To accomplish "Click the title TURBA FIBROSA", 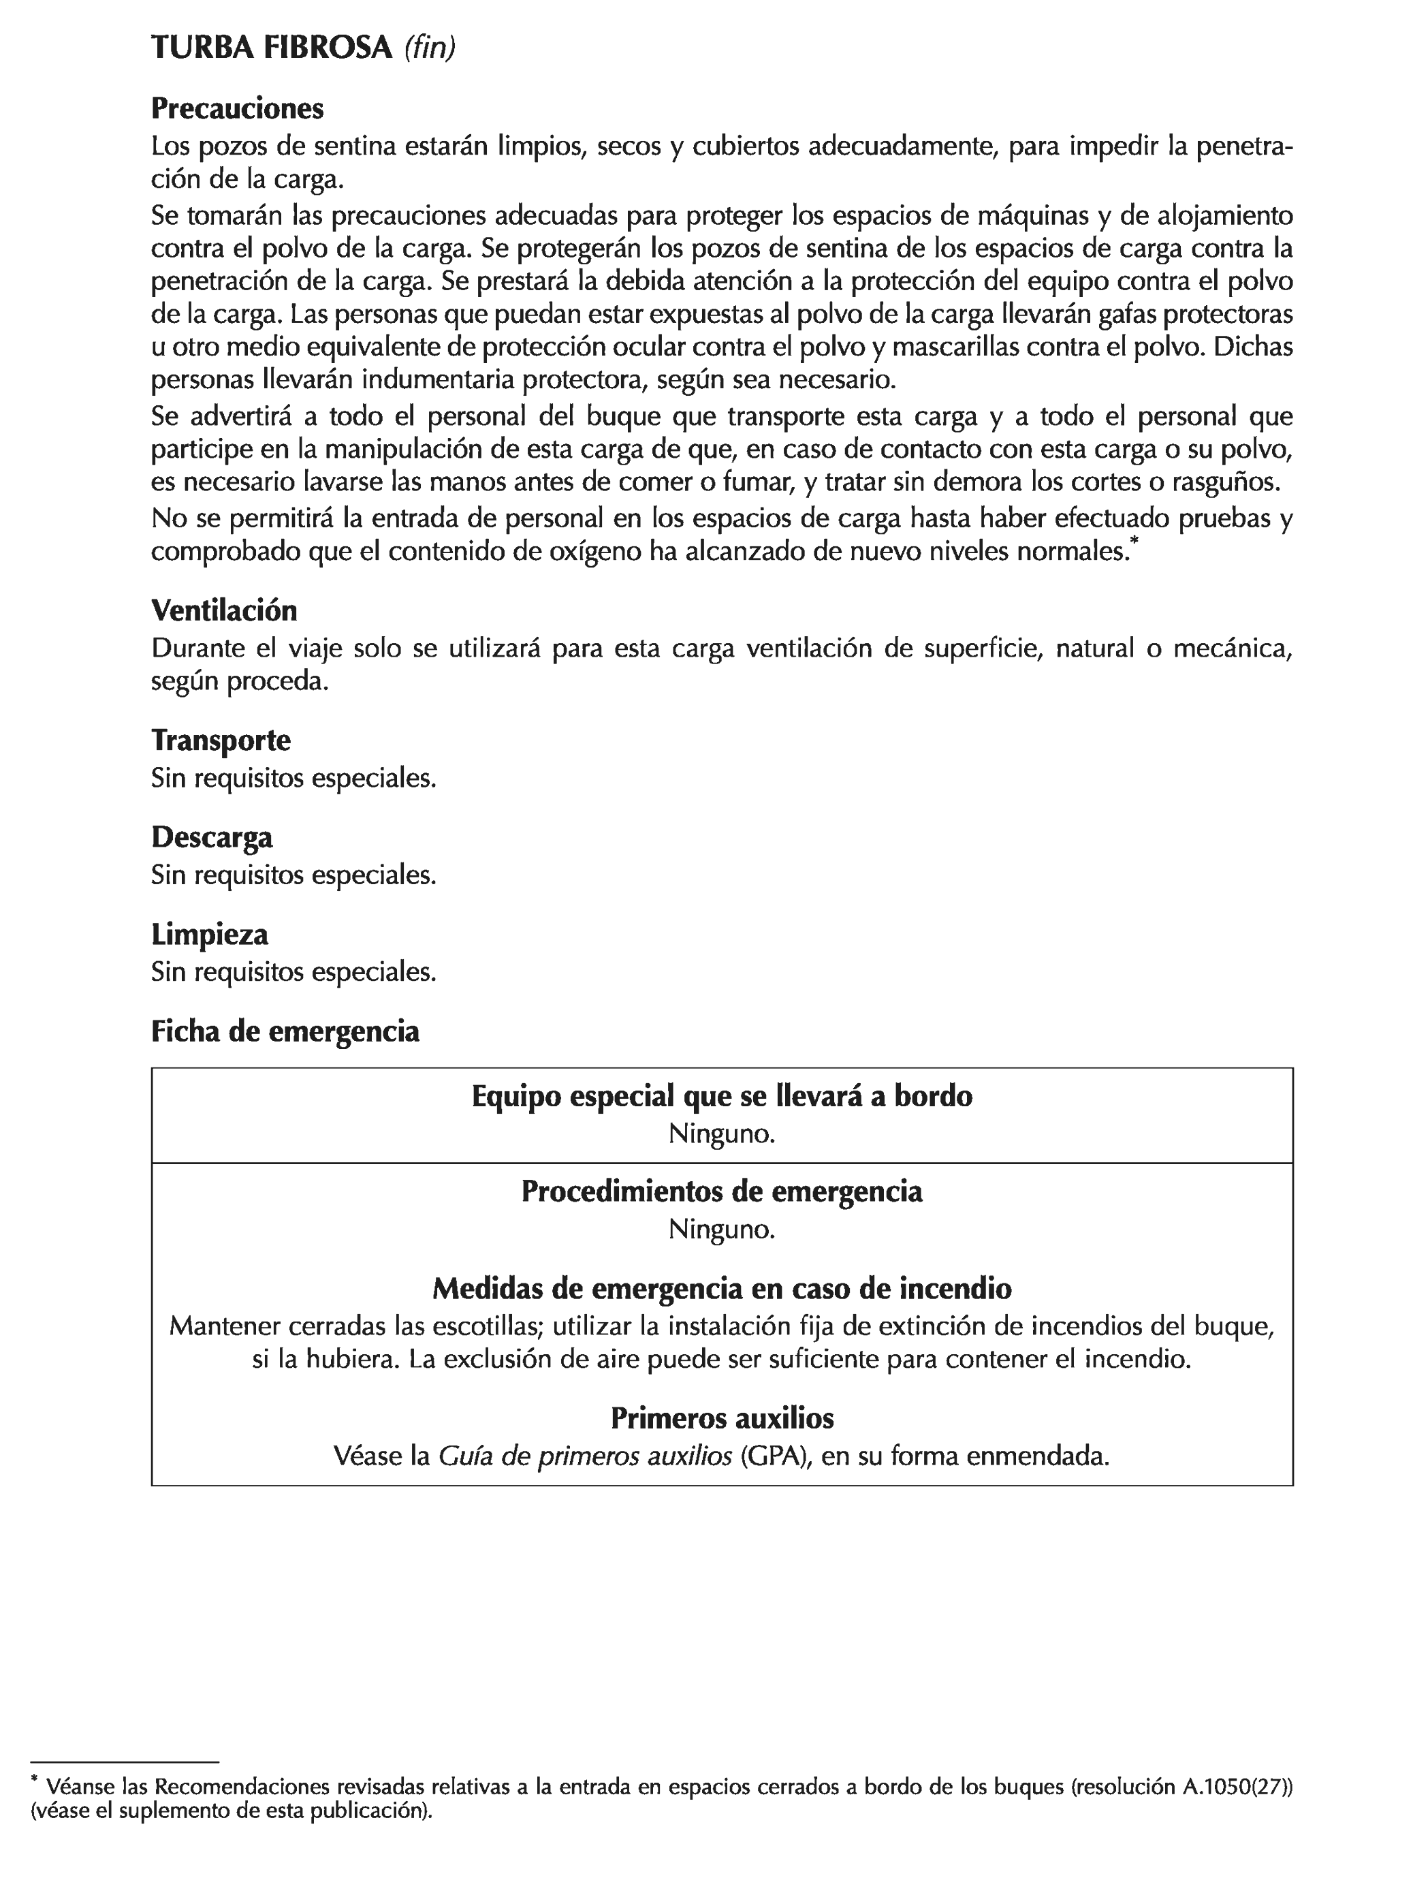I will click(271, 48).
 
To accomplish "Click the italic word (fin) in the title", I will click(429, 48).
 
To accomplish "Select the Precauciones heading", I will click(238, 108).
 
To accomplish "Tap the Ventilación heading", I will click(224, 610).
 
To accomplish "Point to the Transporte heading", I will click(221, 740).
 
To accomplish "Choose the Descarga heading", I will click(212, 837).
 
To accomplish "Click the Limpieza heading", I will click(210, 935).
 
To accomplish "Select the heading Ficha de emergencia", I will click(285, 1032).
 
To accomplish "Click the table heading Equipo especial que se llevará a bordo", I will click(721, 1096).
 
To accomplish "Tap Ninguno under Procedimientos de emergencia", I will click(721, 1230).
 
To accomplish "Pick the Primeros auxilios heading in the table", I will click(721, 1418).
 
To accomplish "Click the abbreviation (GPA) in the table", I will click(774, 1456).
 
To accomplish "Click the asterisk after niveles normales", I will click(1134, 541).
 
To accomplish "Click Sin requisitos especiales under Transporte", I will click(293, 779).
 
